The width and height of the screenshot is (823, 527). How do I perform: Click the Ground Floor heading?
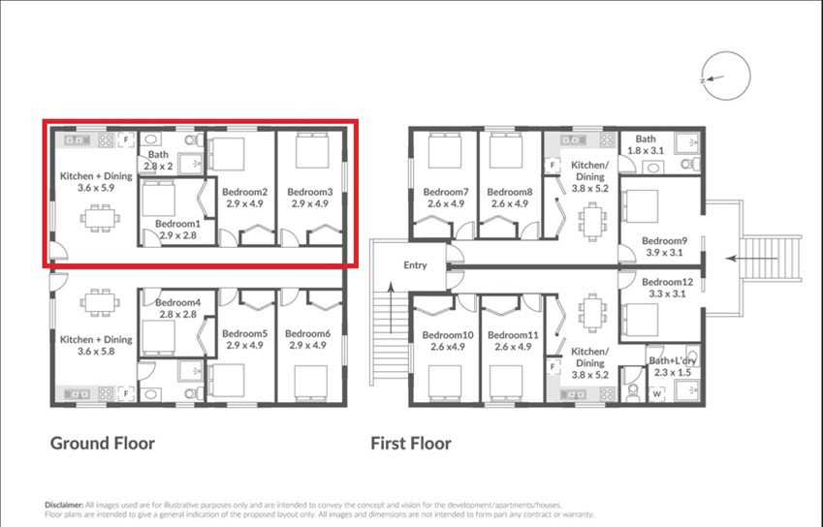tap(103, 444)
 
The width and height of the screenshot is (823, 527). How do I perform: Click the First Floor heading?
tap(411, 444)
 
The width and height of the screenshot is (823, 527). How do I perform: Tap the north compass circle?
tap(726, 55)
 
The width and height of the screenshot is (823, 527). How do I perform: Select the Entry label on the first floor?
tap(415, 265)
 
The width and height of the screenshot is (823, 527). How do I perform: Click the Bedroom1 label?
tap(178, 224)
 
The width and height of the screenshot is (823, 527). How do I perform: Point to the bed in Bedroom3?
tap(312, 150)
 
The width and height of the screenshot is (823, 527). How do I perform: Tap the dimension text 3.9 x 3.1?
tap(664, 253)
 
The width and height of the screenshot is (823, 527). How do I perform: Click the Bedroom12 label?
tap(667, 282)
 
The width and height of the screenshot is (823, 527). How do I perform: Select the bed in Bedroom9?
tap(640, 206)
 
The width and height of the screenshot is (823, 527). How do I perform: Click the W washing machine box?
tap(656, 394)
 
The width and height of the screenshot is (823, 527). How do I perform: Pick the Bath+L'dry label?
tap(673, 360)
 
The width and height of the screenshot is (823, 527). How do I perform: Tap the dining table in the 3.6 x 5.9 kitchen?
tap(100, 218)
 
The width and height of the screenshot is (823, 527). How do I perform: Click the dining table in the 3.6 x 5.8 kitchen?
tap(100, 302)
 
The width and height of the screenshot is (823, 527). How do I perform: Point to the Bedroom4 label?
tap(178, 302)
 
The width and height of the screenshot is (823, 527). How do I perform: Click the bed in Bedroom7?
tap(445, 150)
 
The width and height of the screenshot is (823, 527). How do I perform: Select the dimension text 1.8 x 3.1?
tap(646, 151)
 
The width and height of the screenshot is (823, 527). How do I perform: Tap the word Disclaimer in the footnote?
tap(64, 505)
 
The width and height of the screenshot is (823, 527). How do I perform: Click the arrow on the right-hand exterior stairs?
tap(751, 259)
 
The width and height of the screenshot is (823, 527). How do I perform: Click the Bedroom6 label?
tap(307, 333)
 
